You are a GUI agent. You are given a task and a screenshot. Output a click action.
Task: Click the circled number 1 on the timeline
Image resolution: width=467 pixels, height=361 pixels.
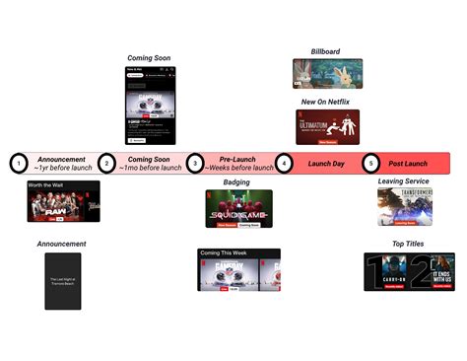tap(18, 163)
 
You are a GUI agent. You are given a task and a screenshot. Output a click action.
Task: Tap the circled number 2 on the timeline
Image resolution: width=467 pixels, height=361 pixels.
tap(106, 163)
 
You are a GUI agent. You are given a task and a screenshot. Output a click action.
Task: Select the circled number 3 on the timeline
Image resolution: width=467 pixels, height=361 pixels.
tap(195, 163)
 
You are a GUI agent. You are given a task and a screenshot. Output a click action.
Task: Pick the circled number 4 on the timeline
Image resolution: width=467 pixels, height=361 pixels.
tap(284, 163)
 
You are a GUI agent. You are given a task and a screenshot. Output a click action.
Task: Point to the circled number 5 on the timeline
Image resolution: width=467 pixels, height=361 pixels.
tap(370, 163)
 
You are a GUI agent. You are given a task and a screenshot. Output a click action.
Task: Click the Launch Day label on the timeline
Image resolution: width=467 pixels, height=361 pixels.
tap(326, 163)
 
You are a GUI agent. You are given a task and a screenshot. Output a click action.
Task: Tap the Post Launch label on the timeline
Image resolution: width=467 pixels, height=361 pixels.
tap(407, 163)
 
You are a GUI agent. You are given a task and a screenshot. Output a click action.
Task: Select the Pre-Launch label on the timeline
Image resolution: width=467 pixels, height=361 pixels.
tap(238, 158)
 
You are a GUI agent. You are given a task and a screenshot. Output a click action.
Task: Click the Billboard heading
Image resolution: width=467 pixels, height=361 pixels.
tap(326, 51)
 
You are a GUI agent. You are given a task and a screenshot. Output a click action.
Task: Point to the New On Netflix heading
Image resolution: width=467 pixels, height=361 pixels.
tap(326, 102)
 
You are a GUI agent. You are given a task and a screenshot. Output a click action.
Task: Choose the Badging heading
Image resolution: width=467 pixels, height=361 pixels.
tap(237, 182)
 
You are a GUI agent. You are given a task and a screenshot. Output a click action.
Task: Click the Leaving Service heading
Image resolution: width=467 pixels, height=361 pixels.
tap(404, 182)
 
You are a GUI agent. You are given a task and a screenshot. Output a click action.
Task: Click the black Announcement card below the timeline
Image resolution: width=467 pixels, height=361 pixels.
tap(63, 281)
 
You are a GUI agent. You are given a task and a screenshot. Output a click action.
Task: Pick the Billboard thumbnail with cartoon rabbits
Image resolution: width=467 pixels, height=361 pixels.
tap(327, 74)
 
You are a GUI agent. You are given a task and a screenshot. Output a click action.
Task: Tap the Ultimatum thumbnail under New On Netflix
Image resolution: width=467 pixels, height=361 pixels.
tap(327, 126)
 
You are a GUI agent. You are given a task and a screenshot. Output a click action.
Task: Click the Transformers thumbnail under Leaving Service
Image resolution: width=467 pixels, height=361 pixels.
tap(404, 207)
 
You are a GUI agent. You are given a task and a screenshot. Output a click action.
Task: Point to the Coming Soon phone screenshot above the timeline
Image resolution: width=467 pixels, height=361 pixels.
tap(149, 106)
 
